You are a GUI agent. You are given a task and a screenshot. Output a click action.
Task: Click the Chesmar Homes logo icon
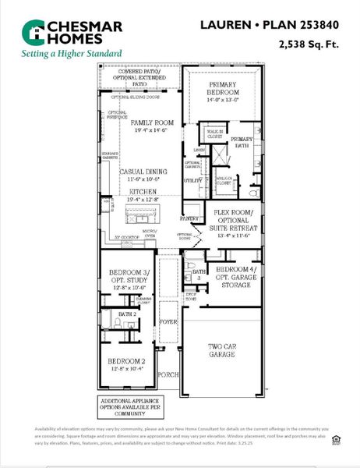(32, 32)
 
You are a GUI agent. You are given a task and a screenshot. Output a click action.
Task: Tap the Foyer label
(168, 320)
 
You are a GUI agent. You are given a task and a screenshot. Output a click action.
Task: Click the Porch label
(168, 374)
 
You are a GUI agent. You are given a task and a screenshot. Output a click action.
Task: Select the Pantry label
(190, 219)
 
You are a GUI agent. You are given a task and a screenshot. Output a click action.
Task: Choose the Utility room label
(192, 180)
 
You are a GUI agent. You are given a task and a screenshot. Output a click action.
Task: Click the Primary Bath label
(241, 142)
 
